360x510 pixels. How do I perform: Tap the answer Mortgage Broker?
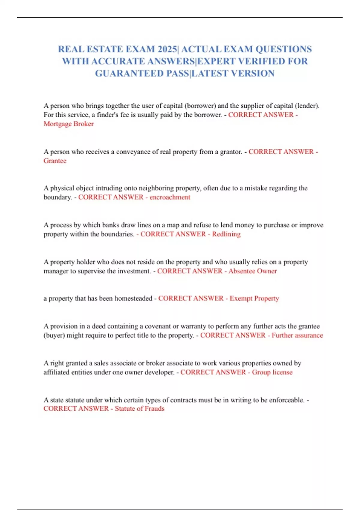click(x=68, y=124)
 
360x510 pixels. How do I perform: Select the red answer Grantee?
click(x=55, y=161)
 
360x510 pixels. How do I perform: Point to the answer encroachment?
click(x=170, y=197)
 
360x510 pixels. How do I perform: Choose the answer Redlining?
click(x=226, y=234)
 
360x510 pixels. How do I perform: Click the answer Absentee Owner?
click(x=253, y=271)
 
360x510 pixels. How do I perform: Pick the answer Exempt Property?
click(x=254, y=298)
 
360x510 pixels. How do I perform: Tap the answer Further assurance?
click(x=297, y=335)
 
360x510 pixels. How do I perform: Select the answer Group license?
click(x=272, y=372)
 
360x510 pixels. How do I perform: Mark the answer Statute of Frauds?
click(x=139, y=409)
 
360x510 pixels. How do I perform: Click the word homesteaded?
click(x=133, y=298)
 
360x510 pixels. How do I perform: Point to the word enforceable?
click(x=286, y=400)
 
